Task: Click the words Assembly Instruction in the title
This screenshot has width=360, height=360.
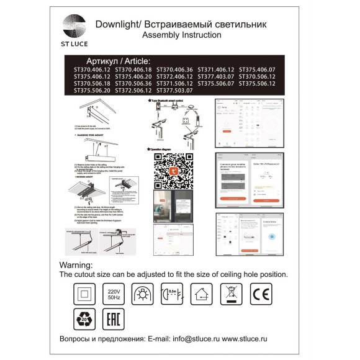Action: click(x=181, y=35)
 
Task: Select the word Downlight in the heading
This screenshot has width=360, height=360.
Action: click(x=116, y=24)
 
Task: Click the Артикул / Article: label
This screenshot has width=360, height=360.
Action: click(x=119, y=61)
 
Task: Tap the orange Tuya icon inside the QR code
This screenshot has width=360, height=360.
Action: click(x=171, y=171)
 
